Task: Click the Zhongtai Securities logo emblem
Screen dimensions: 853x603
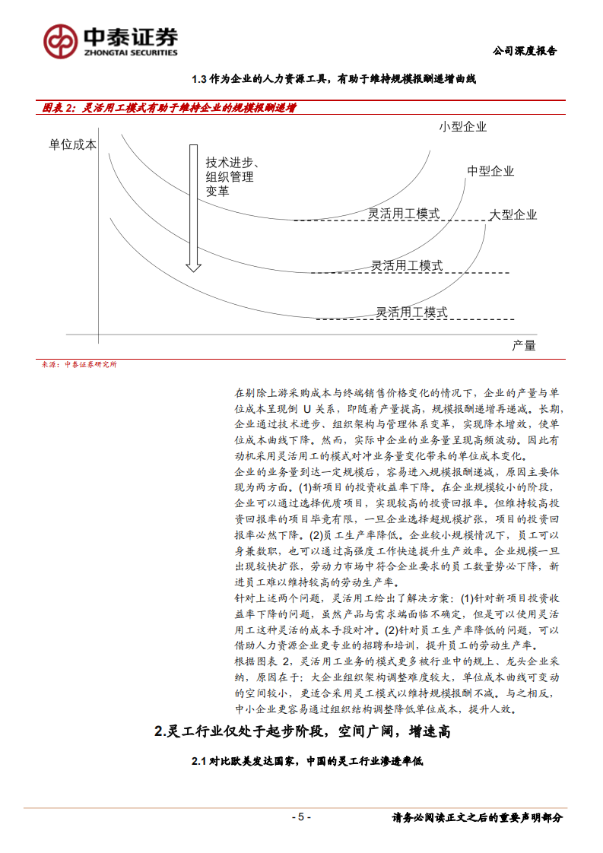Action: pos(59,40)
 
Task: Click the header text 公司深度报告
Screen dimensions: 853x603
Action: pos(525,51)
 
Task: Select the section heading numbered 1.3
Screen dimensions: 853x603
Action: pos(333,78)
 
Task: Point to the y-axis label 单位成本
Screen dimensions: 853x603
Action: pos(72,144)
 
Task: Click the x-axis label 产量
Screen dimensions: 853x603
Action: pos(523,345)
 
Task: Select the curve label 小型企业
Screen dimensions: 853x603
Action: pos(462,127)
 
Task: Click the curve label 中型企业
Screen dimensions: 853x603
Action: pos(490,171)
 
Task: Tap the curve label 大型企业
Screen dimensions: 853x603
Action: pos(513,214)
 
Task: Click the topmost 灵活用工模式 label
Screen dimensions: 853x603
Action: pos(404,214)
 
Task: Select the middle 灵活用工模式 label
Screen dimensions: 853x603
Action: pos(407,265)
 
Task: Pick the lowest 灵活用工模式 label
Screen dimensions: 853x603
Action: pos(411,312)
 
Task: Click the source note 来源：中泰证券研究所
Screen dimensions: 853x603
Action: pos(80,364)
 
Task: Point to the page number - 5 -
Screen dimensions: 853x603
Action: pos(301,817)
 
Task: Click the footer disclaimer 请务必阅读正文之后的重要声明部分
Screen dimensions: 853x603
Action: pos(477,817)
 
